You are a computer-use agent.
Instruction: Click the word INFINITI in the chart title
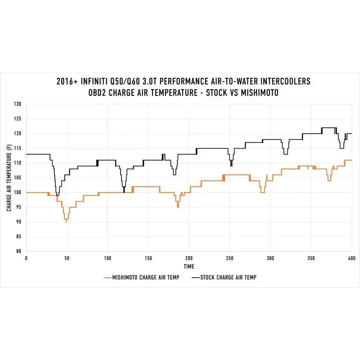point(94,81)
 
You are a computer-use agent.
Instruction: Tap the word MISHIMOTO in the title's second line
point(260,93)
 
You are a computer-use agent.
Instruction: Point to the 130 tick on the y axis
point(18,104)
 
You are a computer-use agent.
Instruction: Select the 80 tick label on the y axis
point(18,251)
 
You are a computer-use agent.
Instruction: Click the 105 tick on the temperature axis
point(18,177)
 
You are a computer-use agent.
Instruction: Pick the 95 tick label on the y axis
point(18,207)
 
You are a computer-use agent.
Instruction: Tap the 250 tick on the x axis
point(229,258)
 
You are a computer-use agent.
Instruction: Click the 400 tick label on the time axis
point(352,258)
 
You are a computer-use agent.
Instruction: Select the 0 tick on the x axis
point(26,258)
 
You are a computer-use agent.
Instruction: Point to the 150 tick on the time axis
point(148,258)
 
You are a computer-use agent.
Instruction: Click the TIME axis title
point(189,266)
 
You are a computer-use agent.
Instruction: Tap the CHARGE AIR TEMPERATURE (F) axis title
point(9,178)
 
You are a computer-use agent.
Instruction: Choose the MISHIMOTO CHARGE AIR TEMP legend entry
point(141,278)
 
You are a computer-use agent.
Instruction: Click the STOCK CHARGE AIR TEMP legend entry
point(224,278)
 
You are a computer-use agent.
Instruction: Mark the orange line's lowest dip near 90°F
point(66,221)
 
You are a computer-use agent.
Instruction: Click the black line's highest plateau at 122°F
point(329,128)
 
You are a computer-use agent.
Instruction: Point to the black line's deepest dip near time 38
point(58,195)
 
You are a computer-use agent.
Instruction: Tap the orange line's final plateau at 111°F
point(348,160)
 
